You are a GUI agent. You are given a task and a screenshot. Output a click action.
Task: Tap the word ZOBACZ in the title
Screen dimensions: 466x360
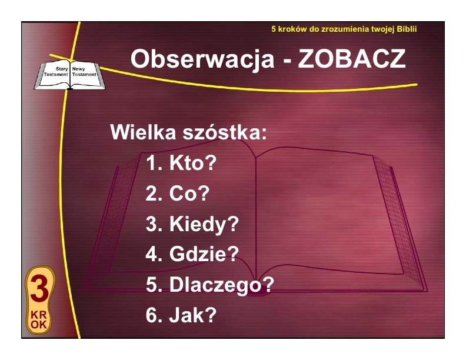click(x=352, y=59)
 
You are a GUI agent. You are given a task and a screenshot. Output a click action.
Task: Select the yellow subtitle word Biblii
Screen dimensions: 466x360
click(x=407, y=29)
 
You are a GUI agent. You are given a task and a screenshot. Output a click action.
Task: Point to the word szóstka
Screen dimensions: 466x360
click(x=225, y=132)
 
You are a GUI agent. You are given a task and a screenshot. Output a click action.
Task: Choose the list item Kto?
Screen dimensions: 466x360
click(x=192, y=163)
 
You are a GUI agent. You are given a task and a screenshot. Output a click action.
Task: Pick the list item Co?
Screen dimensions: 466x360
click(x=189, y=194)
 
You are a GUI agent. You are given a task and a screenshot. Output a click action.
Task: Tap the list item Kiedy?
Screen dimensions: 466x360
click(x=204, y=224)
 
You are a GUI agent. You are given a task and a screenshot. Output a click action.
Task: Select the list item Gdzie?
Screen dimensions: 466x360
click(x=204, y=254)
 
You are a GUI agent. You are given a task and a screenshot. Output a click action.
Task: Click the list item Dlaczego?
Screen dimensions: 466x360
click(x=221, y=285)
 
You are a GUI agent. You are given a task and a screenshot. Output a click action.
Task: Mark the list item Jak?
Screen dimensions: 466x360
click(x=192, y=315)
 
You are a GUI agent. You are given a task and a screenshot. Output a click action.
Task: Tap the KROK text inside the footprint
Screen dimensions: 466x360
click(x=39, y=319)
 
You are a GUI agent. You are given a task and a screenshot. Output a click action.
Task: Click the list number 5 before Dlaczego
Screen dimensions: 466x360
click(x=151, y=285)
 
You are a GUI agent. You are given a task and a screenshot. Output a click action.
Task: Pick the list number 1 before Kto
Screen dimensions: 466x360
click(x=151, y=163)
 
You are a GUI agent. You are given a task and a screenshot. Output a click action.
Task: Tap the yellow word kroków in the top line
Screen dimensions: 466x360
click(x=292, y=29)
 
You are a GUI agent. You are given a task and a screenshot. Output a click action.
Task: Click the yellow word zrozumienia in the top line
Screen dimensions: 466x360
click(x=342, y=29)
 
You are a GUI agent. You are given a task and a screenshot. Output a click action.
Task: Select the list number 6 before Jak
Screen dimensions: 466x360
click(x=151, y=315)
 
